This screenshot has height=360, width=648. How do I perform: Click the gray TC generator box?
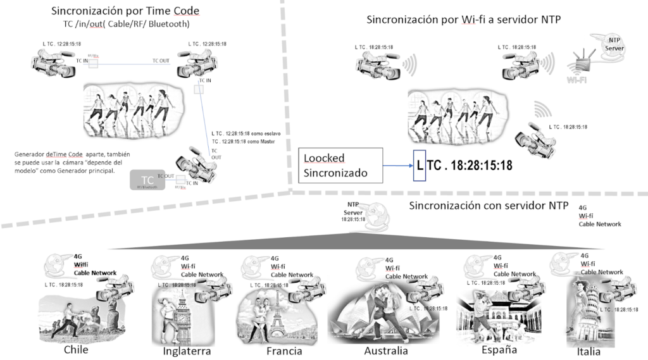[x=147, y=180]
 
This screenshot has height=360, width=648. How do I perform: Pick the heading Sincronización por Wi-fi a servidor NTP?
[x=464, y=19]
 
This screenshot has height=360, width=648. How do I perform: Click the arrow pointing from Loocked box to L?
[x=397, y=166]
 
